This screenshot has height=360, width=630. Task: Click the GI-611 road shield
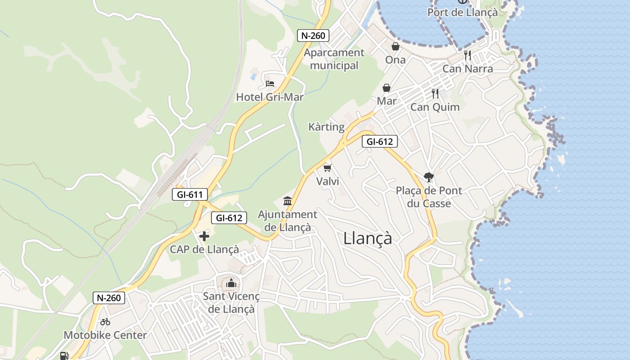[x=189, y=195]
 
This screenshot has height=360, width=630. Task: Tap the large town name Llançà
[x=368, y=238]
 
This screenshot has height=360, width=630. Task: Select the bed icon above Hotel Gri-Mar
[x=270, y=84]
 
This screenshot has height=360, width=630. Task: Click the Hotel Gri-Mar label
[x=270, y=97]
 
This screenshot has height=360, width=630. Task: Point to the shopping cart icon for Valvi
[x=327, y=168]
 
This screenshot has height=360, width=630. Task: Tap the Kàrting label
[x=326, y=127]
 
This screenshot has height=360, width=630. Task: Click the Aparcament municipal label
[x=334, y=59]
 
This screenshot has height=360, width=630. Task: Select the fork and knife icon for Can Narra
[x=468, y=55]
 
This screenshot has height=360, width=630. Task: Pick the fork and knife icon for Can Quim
[x=435, y=94]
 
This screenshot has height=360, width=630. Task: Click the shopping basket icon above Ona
[x=395, y=46]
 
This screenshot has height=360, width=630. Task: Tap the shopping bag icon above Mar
[x=387, y=88]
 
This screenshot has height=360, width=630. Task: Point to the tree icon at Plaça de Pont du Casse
[x=428, y=177]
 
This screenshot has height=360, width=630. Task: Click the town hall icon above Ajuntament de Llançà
[x=288, y=201]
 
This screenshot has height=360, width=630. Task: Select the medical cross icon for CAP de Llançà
[x=204, y=236]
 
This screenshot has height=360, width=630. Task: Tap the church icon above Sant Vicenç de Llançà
[x=231, y=283]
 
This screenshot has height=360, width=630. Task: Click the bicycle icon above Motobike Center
[x=105, y=322]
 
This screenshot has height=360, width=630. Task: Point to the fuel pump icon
[x=64, y=356]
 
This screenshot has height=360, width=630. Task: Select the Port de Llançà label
[x=463, y=12]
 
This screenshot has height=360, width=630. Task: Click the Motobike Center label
[x=105, y=335]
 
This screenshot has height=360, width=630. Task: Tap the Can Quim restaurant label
[x=435, y=107]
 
